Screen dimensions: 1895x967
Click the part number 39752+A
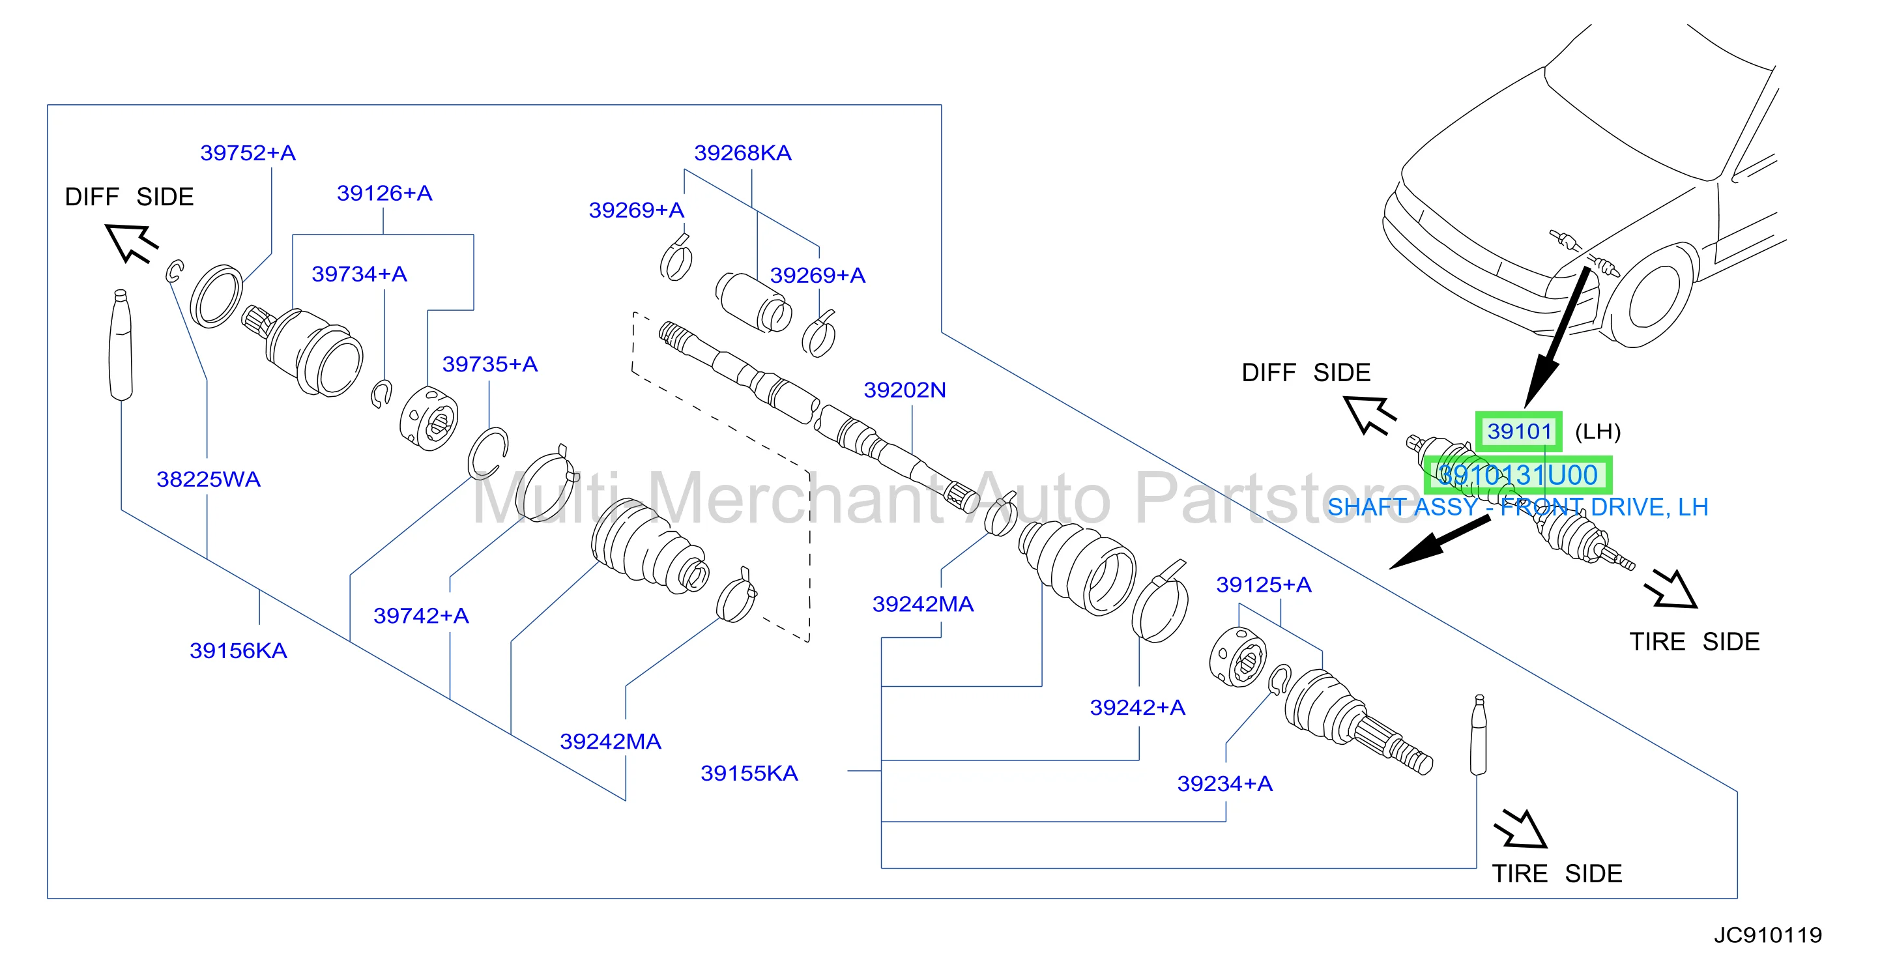248,152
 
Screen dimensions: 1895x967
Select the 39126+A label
384,193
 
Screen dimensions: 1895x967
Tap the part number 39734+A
359,274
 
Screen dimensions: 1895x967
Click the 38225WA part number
208,479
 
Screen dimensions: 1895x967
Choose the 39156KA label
239,650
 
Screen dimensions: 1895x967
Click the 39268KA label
743,152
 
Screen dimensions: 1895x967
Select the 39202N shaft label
905,390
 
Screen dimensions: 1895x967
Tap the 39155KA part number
749,773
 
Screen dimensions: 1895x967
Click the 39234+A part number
1225,783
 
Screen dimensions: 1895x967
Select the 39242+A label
1137,707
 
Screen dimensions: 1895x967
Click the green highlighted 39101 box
1519,431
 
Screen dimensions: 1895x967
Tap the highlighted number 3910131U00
1518,475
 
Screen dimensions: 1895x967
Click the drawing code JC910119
1768,934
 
